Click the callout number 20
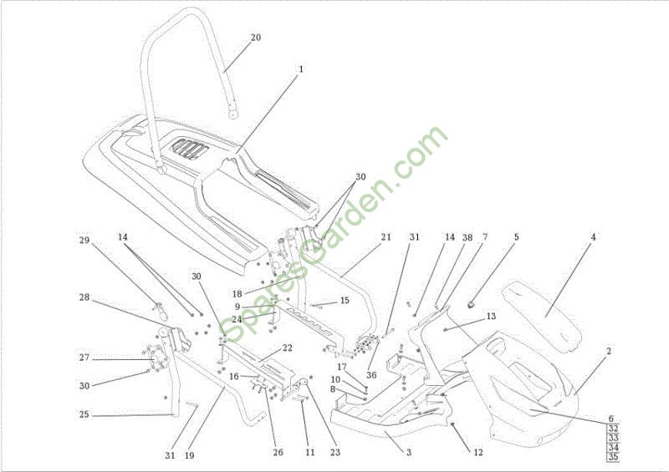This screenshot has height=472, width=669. click(x=256, y=37)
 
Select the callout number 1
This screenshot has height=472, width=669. click(x=300, y=69)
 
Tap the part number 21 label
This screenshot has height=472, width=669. click(x=386, y=237)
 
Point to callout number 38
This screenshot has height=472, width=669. click(x=467, y=237)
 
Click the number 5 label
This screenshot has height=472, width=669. click(x=516, y=237)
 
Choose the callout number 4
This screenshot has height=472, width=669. click(x=593, y=237)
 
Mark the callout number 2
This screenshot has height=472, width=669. click(x=609, y=352)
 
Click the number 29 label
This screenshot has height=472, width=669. click(x=84, y=241)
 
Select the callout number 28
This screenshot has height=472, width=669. click(x=84, y=297)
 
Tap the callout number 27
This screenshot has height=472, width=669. click(x=84, y=358)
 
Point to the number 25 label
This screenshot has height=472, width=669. click(x=84, y=414)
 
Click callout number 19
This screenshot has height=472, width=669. click(x=190, y=455)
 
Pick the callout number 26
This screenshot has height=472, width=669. click(x=278, y=453)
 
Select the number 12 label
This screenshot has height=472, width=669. click(x=478, y=453)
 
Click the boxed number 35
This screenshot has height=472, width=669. click(x=612, y=457)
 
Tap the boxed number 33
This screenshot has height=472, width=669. click(x=612, y=438)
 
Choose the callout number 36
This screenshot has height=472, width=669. click(x=371, y=375)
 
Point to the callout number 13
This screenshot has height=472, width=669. click(x=491, y=317)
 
